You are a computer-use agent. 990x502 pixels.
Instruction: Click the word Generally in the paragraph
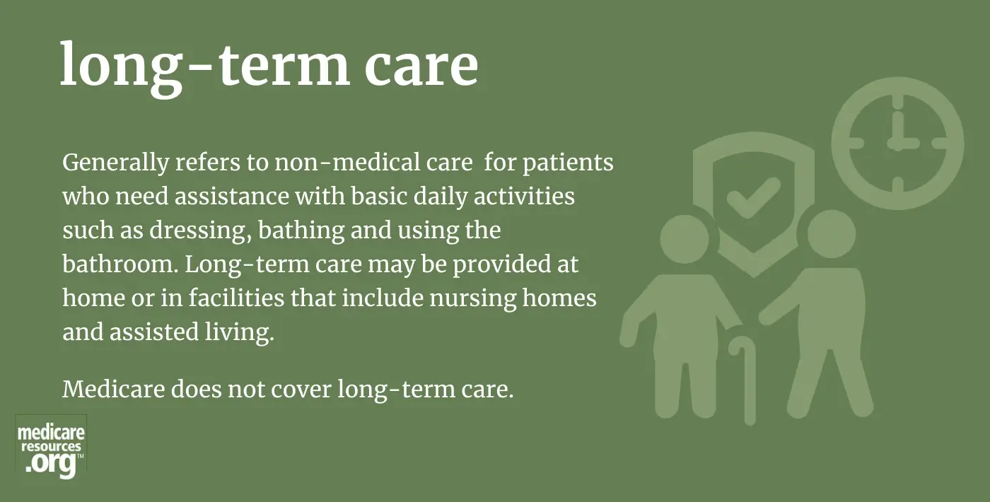[116, 163]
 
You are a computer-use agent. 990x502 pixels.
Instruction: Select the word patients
[569, 163]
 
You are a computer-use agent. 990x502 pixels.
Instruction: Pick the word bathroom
[120, 264]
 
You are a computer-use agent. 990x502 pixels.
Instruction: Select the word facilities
[236, 298]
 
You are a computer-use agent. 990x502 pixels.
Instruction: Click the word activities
[524, 196]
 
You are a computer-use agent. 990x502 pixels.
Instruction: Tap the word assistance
[232, 196]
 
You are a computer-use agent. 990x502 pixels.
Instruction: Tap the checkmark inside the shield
[753, 198]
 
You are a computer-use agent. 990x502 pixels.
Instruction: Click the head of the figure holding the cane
[685, 239]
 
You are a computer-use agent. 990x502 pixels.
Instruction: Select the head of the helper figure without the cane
[832, 234]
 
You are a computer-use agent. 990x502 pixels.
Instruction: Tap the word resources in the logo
[51, 447]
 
